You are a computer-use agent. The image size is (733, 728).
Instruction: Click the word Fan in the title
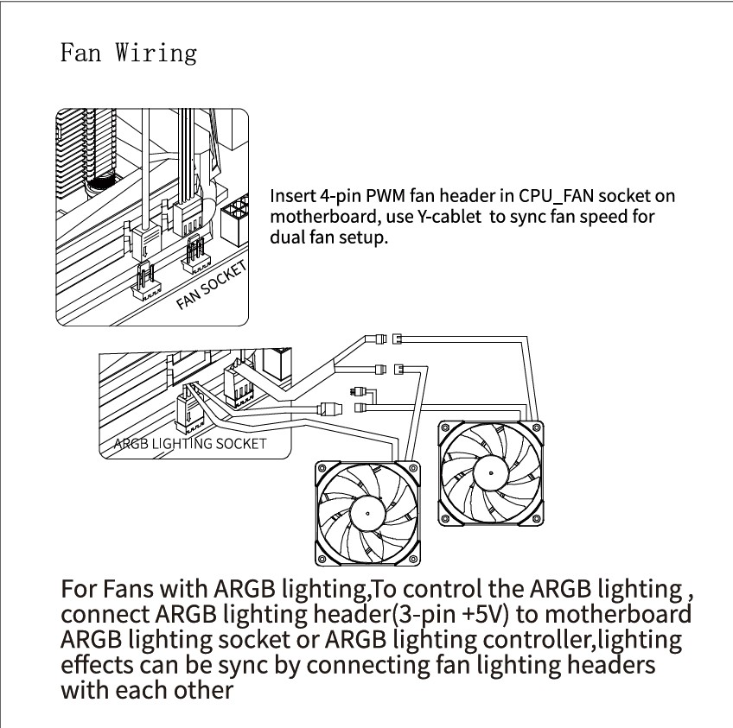click(81, 53)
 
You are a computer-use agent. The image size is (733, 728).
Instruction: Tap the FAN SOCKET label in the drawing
click(211, 285)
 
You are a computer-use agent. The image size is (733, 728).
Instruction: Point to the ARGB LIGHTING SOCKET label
click(190, 444)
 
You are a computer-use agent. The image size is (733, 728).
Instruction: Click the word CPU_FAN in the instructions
click(568, 196)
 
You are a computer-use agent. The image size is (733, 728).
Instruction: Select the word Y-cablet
click(450, 217)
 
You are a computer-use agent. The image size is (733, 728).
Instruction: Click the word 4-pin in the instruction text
click(337, 196)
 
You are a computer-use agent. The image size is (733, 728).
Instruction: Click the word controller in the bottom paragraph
click(535, 641)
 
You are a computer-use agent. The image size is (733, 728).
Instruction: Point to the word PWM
click(386, 196)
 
